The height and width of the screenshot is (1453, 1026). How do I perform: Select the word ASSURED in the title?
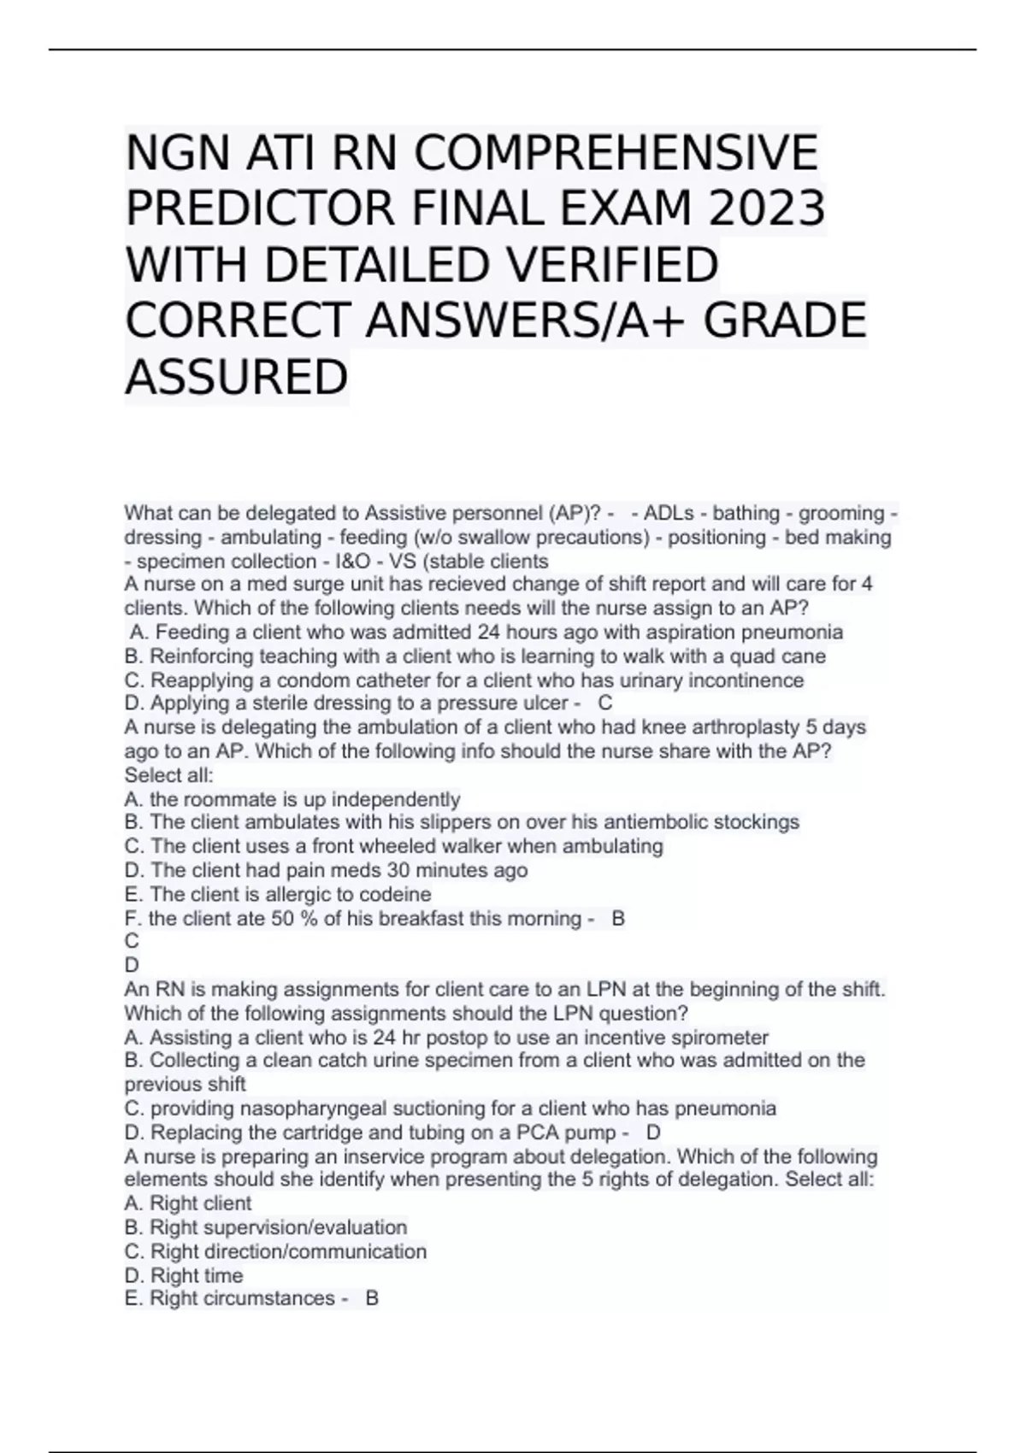coord(237,377)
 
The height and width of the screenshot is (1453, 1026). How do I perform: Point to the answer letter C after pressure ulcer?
coord(605,703)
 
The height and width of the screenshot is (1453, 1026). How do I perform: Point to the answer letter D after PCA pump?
coord(653,1132)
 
